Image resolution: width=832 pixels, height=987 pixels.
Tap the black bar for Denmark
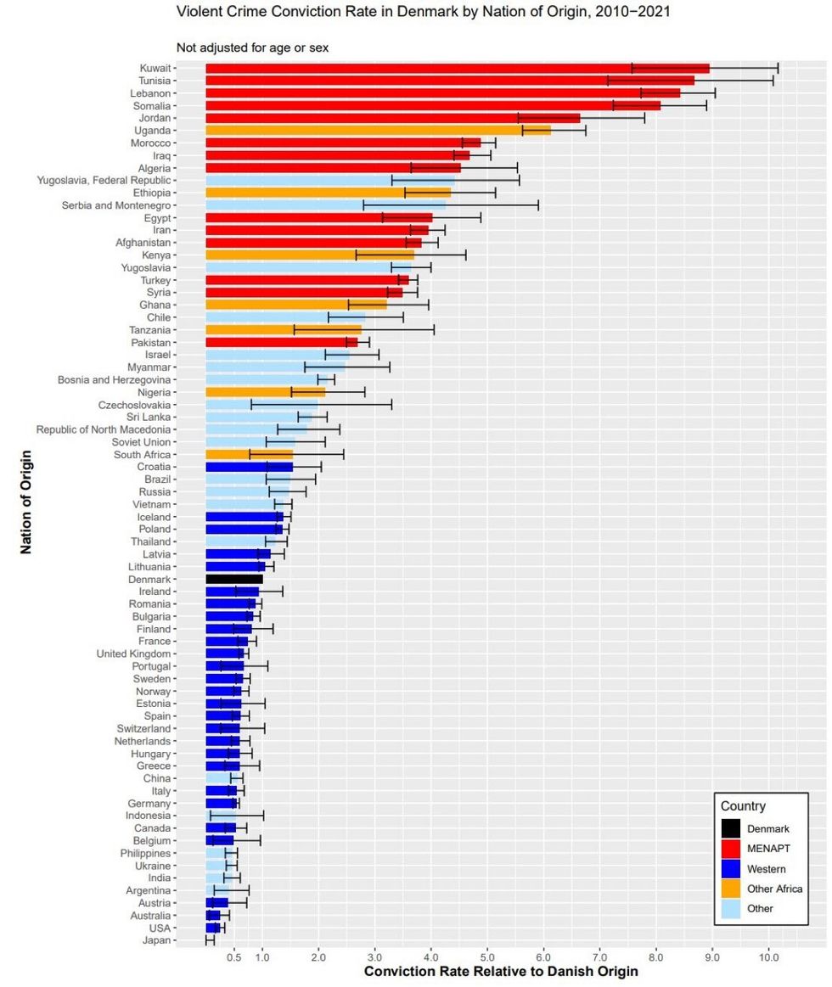coord(234,579)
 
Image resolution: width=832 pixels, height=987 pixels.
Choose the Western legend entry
coord(766,869)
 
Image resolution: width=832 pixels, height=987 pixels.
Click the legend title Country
coord(743,806)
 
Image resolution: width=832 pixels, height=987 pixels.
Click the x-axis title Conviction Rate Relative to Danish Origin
coord(501,971)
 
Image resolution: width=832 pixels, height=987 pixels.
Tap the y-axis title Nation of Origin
coord(25,501)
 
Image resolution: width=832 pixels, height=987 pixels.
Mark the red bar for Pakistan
coord(281,342)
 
